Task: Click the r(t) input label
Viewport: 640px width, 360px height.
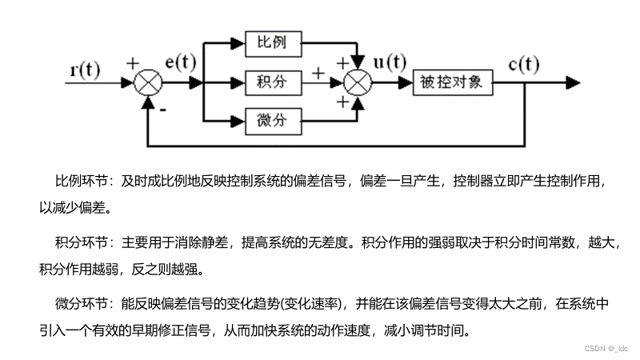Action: pos(85,69)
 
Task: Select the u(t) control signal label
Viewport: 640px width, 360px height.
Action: pos(390,62)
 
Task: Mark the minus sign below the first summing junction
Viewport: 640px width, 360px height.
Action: pos(162,110)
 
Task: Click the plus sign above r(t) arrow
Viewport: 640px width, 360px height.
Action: pos(132,62)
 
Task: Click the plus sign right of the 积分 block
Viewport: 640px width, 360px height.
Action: pos(319,73)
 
